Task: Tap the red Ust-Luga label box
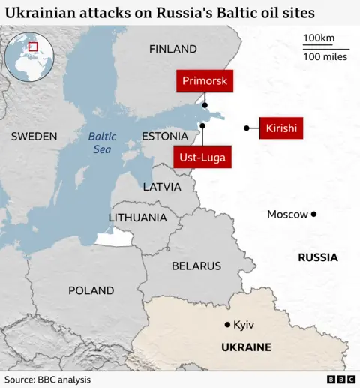[x=202, y=158]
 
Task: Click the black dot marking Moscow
[x=313, y=215]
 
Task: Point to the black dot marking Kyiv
[x=227, y=325]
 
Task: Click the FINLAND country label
[x=172, y=49]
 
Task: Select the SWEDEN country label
[x=34, y=137]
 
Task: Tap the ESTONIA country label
[x=165, y=137]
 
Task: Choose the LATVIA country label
[x=161, y=186]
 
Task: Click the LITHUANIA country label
[x=138, y=218]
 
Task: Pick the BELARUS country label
[x=196, y=266]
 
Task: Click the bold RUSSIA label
[x=317, y=257]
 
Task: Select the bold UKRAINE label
[x=246, y=347]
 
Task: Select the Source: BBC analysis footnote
[x=48, y=380]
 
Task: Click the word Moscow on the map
[x=287, y=215]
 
